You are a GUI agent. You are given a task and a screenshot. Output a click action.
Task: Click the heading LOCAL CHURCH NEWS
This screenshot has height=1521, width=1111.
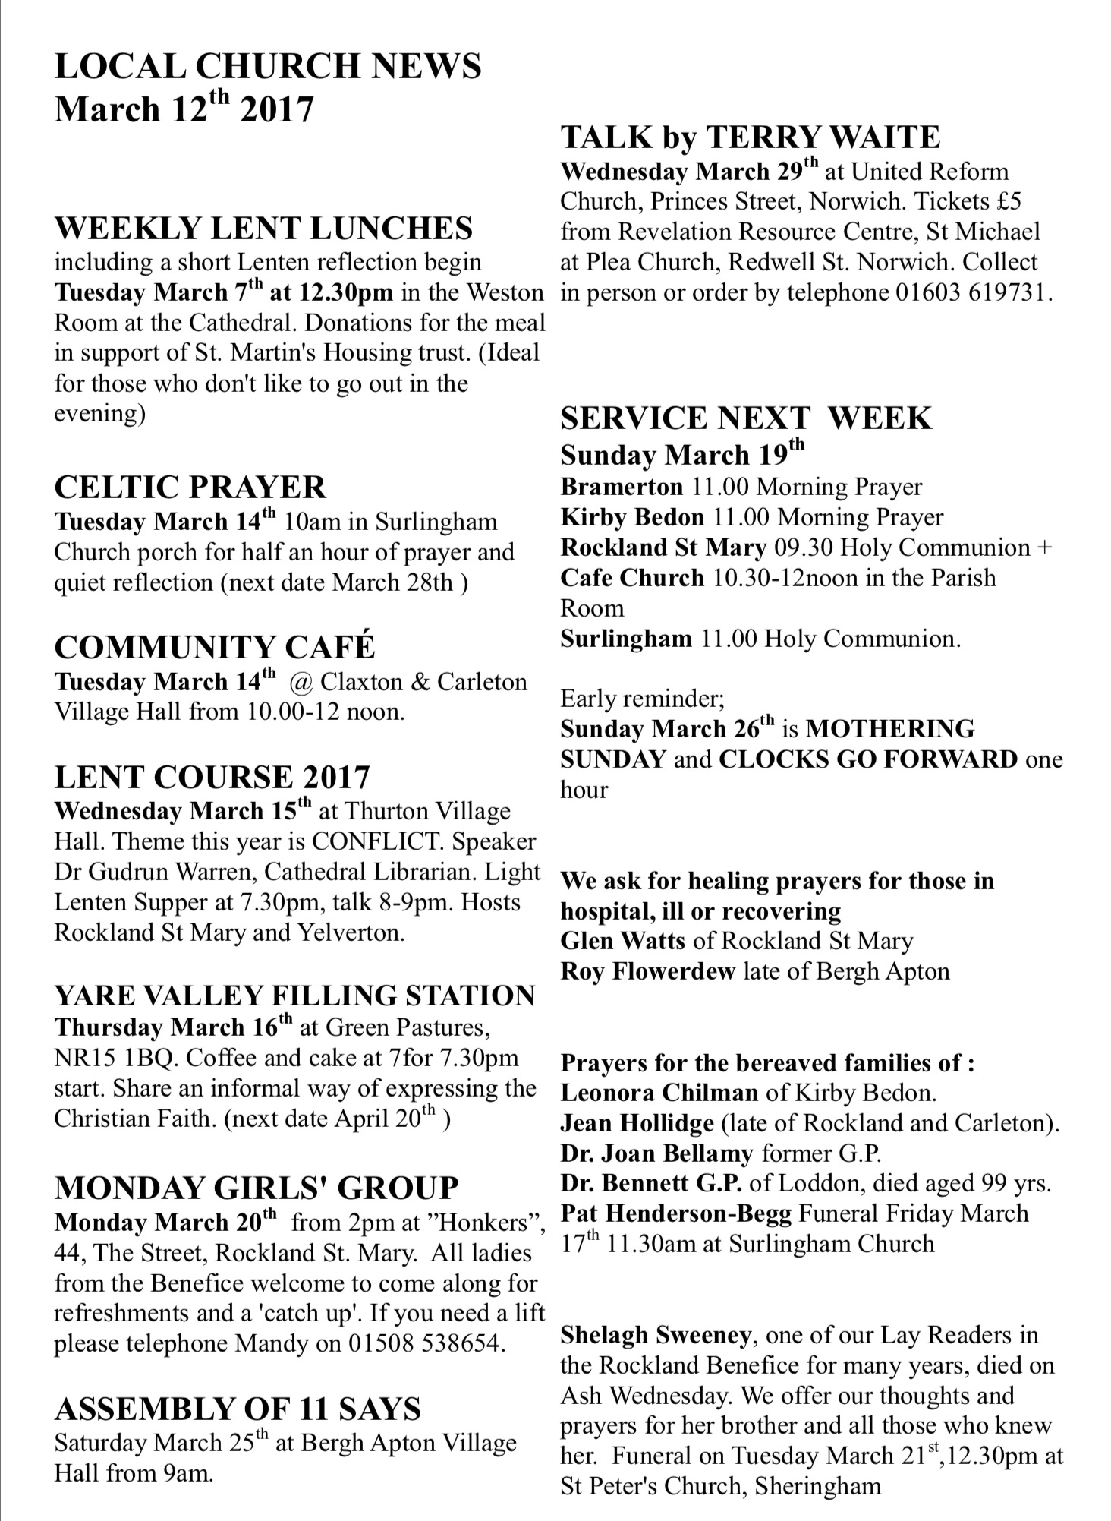(x=268, y=66)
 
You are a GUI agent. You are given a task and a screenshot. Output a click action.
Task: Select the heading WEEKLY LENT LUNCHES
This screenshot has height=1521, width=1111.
(x=263, y=229)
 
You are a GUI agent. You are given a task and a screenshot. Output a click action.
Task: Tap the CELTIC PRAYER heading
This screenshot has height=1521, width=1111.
(x=190, y=487)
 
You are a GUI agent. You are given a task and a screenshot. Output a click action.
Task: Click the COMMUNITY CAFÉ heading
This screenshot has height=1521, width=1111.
(x=215, y=647)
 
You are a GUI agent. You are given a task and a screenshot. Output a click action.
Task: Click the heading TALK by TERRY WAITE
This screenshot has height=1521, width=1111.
(x=750, y=137)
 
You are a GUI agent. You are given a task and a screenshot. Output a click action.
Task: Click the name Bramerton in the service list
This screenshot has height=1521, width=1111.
(x=621, y=486)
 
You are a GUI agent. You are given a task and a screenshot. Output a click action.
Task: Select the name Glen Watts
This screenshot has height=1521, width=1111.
(x=623, y=942)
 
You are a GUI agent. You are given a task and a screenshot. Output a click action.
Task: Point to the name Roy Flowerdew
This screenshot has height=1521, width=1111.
(x=647, y=971)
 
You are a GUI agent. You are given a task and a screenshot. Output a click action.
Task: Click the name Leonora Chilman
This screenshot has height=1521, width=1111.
(x=659, y=1093)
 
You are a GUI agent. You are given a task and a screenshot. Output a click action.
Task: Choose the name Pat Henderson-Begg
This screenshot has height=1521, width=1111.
(x=675, y=1213)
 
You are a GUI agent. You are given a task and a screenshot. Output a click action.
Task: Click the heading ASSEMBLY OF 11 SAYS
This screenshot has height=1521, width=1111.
(x=238, y=1409)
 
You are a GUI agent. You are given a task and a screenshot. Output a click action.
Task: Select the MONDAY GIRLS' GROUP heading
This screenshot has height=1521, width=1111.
(x=257, y=1188)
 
